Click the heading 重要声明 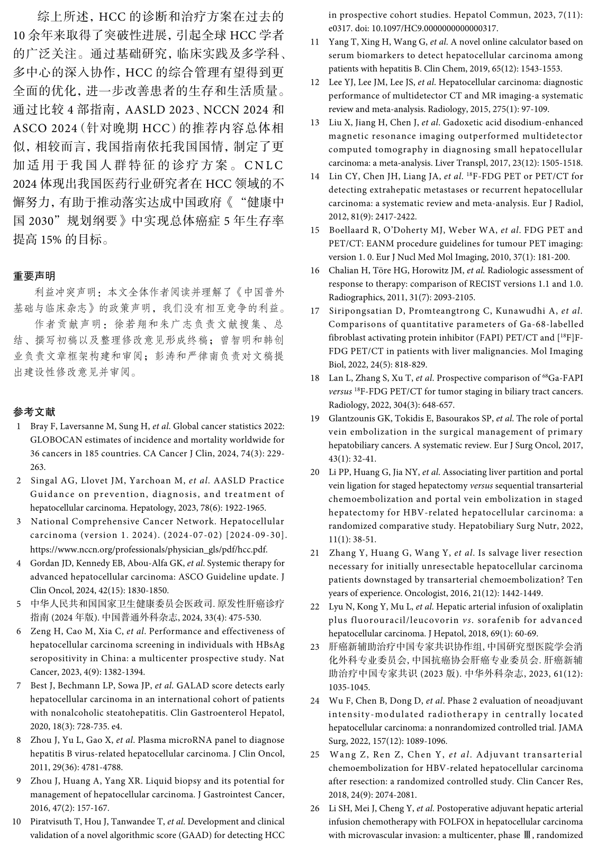pos(34,276)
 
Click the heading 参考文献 pos(34,412)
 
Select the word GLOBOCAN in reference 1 pos(55,439)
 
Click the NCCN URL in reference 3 pos(149,549)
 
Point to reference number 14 pos(315,176)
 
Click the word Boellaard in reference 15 pos(351,230)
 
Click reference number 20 pos(315,472)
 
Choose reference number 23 pos(315,647)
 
